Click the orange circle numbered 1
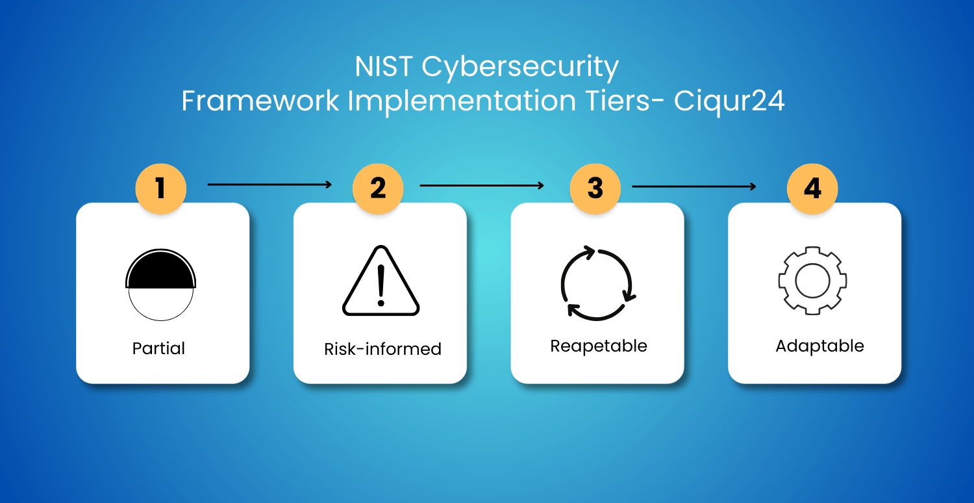click(x=161, y=188)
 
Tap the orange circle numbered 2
click(x=378, y=188)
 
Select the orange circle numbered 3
click(x=595, y=188)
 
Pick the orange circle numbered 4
click(x=812, y=188)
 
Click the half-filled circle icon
click(x=161, y=270)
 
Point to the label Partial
click(x=158, y=348)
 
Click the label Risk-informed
click(x=382, y=348)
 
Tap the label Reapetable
click(x=599, y=346)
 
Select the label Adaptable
click(x=819, y=346)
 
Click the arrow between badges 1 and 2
click(x=269, y=185)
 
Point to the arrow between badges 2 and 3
click(x=482, y=186)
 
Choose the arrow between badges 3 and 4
click(x=694, y=187)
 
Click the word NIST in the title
click(x=384, y=67)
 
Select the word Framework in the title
click(x=260, y=101)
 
